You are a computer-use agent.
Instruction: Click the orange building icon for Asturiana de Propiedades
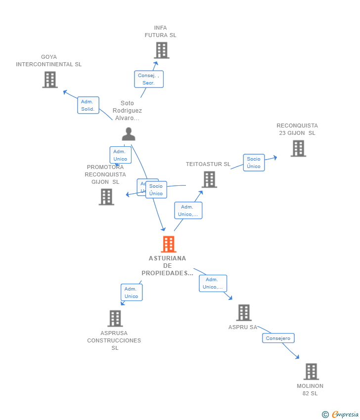169,244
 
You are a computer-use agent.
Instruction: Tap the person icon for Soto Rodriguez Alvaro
129,134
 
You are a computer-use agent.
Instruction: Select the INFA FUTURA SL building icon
161,50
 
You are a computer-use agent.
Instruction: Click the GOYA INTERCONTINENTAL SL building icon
49,80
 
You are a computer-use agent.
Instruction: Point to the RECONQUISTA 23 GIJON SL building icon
298,148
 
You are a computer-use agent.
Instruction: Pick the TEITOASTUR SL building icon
209,179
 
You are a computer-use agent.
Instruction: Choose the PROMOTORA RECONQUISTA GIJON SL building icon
106,197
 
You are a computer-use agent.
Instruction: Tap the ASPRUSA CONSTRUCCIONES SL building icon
115,318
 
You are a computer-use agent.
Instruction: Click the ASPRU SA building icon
243,313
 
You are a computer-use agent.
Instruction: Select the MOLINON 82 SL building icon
311,372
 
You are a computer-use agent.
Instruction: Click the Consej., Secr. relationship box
148,79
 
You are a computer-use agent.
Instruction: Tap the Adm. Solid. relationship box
88,105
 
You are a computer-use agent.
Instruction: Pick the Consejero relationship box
278,338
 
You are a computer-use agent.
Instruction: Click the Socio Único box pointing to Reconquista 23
254,163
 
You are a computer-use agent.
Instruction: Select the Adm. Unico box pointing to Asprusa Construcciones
131,293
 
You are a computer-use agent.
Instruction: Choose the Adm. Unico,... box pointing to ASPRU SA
213,283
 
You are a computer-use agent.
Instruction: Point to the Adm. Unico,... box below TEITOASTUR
188,210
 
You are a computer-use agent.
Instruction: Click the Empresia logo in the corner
341,414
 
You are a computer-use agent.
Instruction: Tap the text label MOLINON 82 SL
310,389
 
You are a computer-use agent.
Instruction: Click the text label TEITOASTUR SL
208,164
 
